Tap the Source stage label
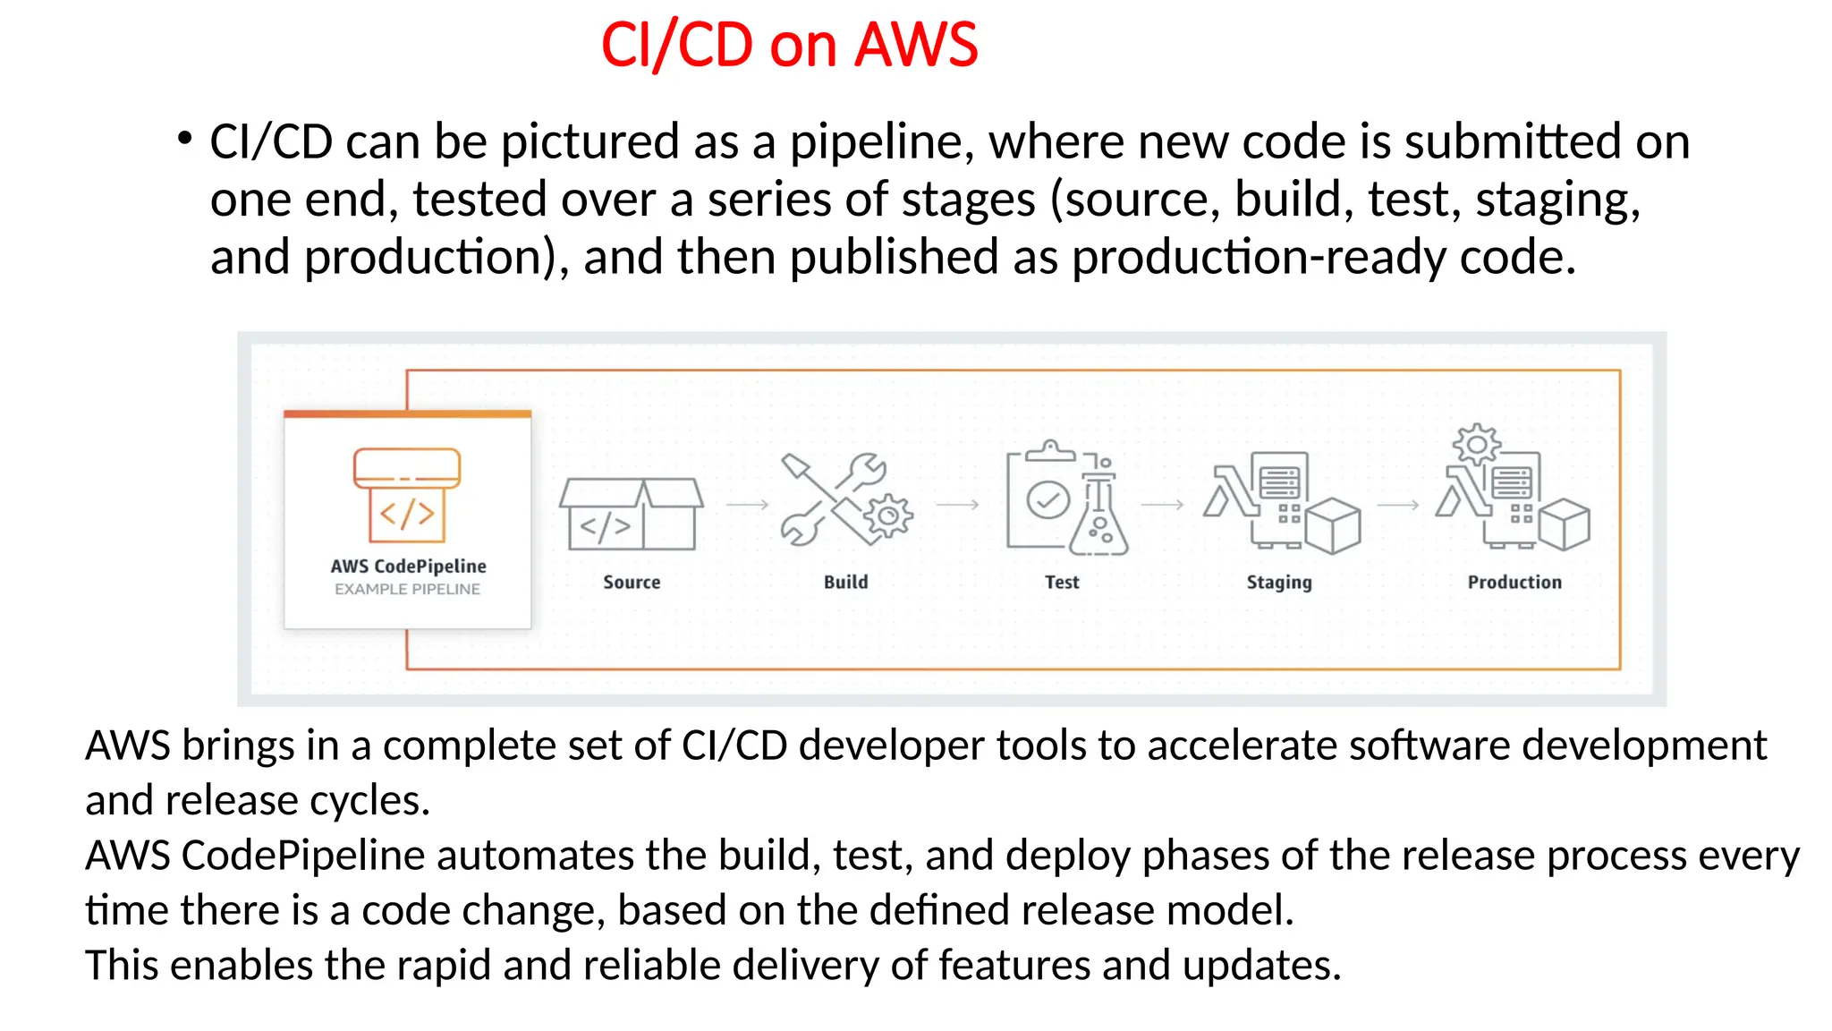click(632, 582)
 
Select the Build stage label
click(845, 582)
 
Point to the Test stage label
click(1062, 582)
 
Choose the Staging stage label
click(1279, 583)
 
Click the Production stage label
click(1514, 582)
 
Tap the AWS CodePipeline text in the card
click(408, 566)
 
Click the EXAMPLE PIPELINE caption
click(407, 589)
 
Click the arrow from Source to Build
click(747, 505)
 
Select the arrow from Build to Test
click(957, 505)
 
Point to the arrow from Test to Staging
click(1163, 505)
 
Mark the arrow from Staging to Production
click(1398, 505)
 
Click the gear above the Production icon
click(1476, 444)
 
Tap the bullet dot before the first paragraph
click(184, 139)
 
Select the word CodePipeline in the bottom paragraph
click(303, 856)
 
